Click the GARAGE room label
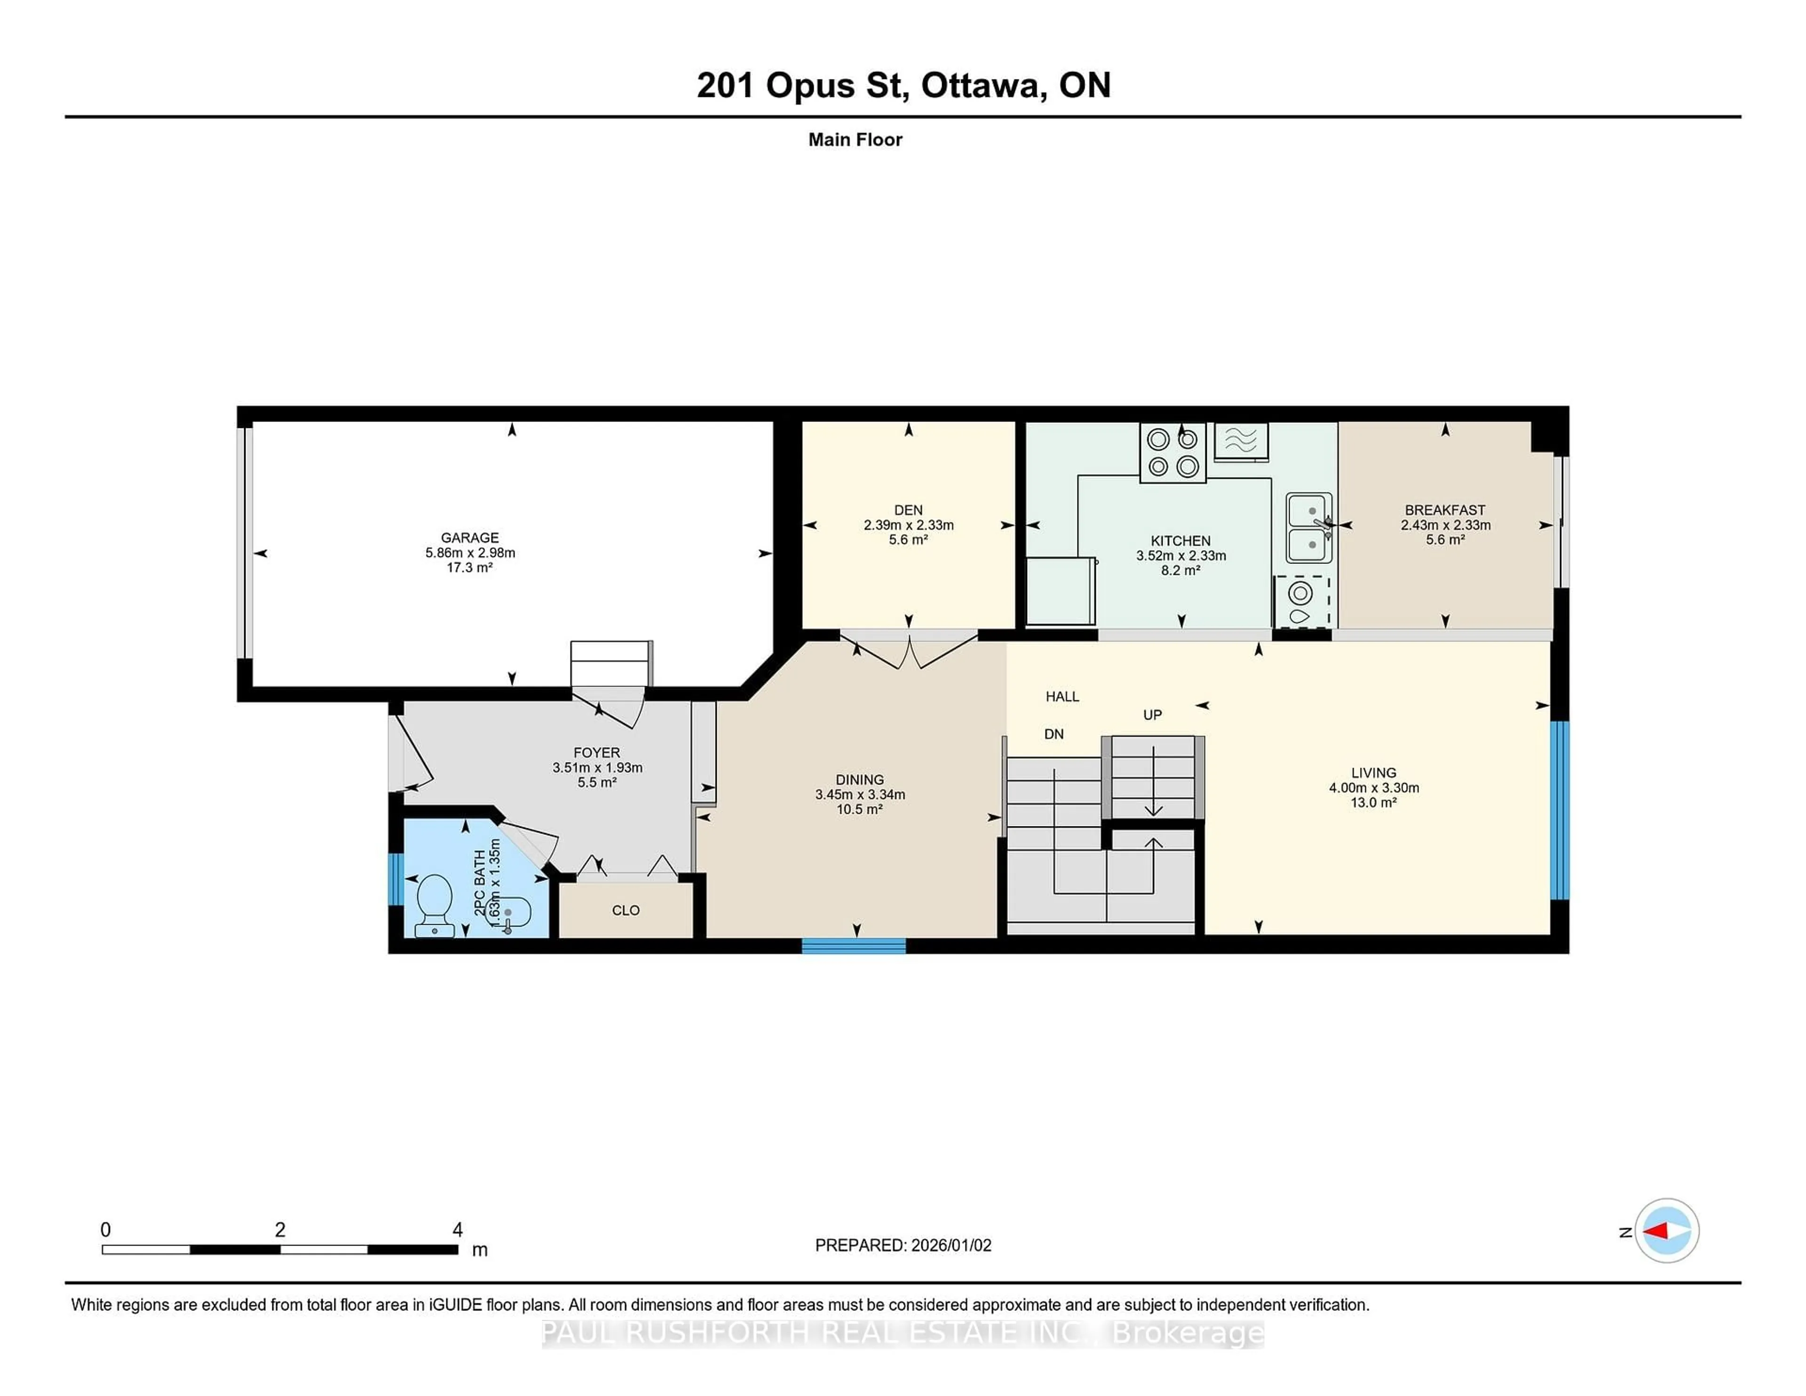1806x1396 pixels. pyautogui.click(x=470, y=538)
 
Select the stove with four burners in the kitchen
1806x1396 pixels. pyautogui.click(x=1172, y=453)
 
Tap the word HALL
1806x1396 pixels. pyautogui.click(x=1062, y=696)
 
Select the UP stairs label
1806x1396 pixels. pyautogui.click(x=1152, y=714)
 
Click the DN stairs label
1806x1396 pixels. pyautogui.click(x=1053, y=734)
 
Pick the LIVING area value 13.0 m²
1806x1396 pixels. pyautogui.click(x=1373, y=803)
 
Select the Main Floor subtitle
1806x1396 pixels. pyautogui.click(x=855, y=140)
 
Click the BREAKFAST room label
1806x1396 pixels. pyautogui.click(x=1445, y=510)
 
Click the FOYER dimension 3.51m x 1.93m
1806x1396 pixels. pyautogui.click(x=597, y=768)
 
